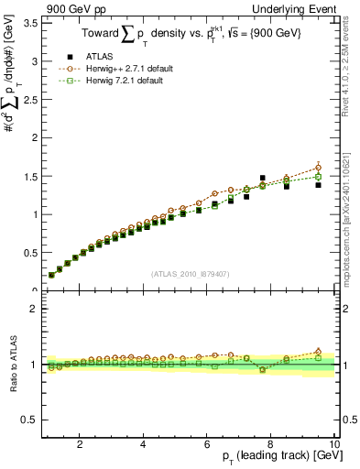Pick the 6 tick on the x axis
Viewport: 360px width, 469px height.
point(207,444)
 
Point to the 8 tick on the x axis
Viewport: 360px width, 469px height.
point(270,444)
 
